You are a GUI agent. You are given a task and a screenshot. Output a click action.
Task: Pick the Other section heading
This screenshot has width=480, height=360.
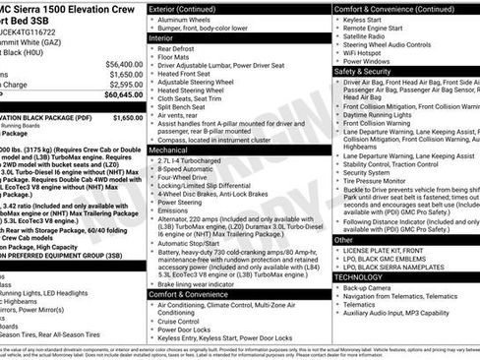343,239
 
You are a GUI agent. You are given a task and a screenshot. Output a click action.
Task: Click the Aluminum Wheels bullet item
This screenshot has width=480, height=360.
196,20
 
